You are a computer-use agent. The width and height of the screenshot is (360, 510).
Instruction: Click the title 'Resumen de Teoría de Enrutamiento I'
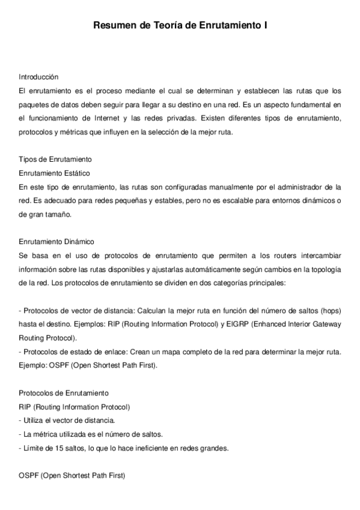(x=180, y=26)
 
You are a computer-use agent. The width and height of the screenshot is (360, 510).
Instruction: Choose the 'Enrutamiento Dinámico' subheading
(x=56, y=242)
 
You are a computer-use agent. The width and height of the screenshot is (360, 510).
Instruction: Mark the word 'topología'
(x=324, y=269)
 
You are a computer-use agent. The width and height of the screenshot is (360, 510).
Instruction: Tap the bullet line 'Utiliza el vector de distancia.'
(x=67, y=420)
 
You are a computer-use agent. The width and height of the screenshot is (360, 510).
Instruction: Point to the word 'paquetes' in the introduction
(x=34, y=105)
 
